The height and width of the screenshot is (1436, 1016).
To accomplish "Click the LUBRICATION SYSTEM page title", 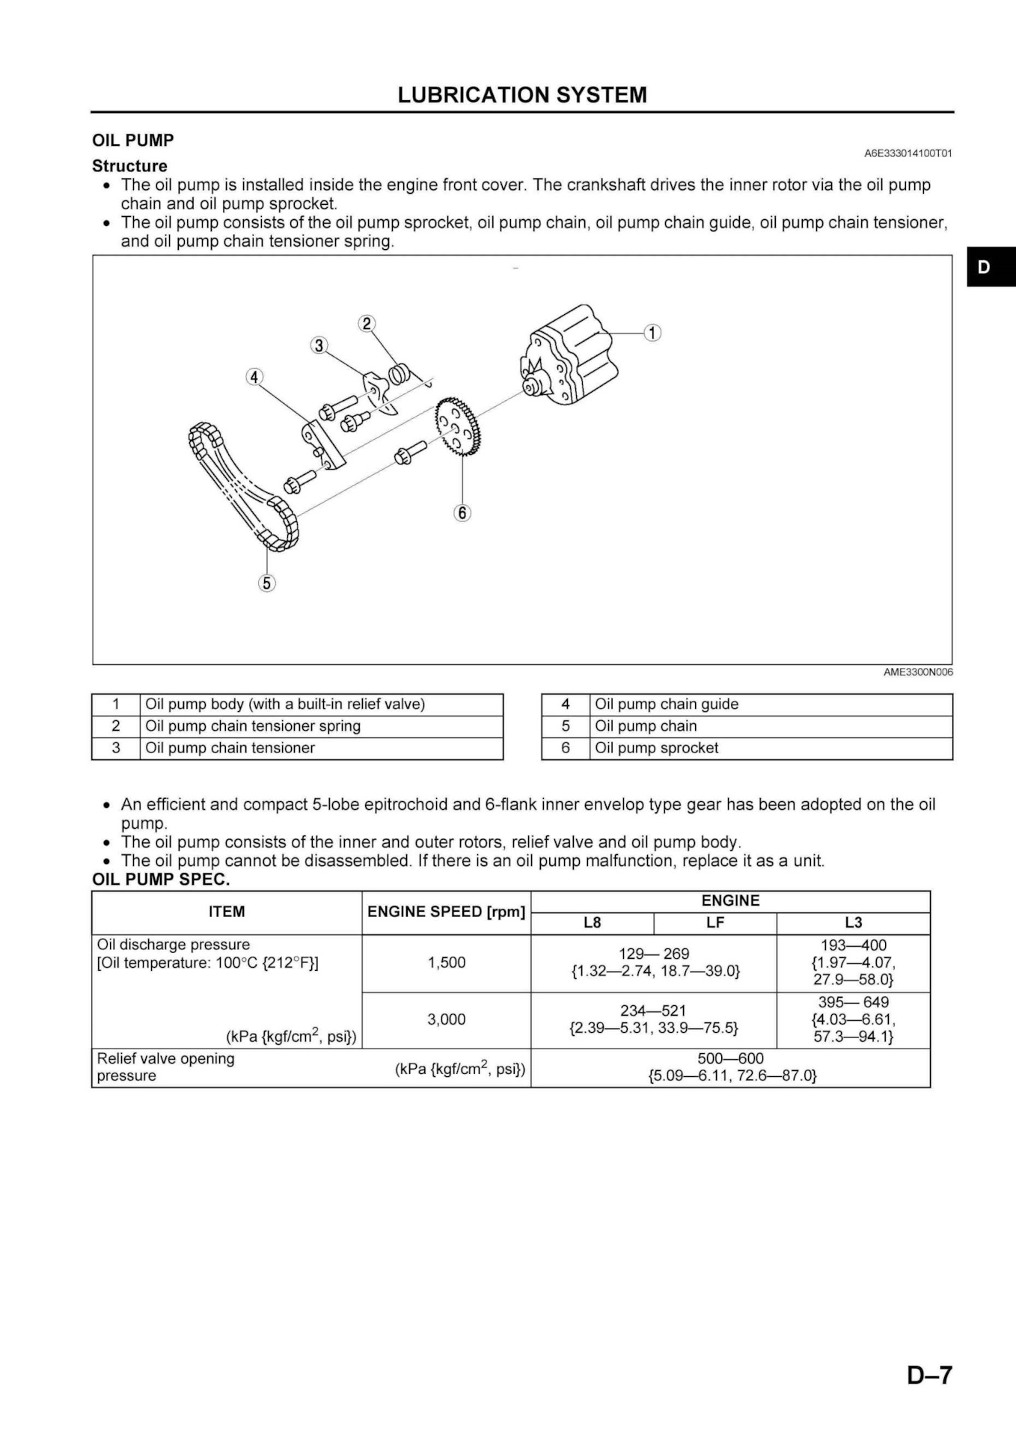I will [x=522, y=95].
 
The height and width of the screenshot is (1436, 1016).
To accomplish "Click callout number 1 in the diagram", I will [x=652, y=332].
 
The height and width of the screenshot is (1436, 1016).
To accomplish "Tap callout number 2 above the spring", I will [x=367, y=323].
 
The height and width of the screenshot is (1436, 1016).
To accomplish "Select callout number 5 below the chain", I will [x=267, y=583].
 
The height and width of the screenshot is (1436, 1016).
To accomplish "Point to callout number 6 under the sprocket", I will [x=462, y=512].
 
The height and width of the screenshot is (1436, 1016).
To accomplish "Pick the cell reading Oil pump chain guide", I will [x=667, y=704].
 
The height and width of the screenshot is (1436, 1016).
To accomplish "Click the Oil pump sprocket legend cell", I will [x=656, y=748].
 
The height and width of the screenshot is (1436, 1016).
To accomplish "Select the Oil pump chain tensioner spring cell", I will [x=253, y=725].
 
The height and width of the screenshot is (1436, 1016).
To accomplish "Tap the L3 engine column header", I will [x=853, y=922].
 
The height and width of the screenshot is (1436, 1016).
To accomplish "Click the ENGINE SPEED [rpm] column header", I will [x=446, y=912].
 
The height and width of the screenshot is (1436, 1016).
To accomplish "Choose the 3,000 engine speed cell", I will [x=446, y=1019].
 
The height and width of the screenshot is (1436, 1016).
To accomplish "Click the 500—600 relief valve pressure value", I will [x=730, y=1058].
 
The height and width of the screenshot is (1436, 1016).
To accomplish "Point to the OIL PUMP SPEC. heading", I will [x=161, y=880].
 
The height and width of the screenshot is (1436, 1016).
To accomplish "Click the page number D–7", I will [x=929, y=1375].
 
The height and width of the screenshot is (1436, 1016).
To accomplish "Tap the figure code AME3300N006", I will [x=918, y=672].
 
